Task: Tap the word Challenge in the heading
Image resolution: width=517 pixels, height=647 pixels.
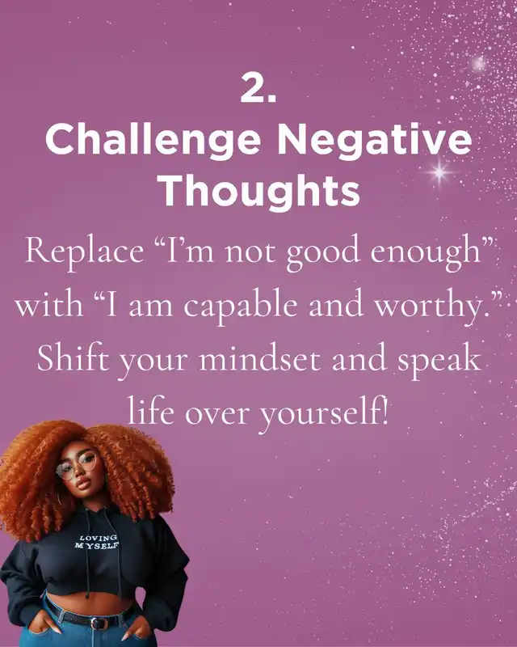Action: [x=153, y=139]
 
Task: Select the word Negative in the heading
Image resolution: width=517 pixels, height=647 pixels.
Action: [x=374, y=138]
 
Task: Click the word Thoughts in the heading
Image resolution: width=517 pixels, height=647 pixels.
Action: [x=260, y=189]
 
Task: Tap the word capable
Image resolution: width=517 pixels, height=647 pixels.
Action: [x=241, y=307]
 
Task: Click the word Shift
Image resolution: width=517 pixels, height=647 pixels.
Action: [x=73, y=357]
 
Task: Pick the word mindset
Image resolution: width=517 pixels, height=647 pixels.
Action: [x=260, y=357]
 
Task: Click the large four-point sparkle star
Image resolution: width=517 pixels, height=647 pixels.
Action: [x=439, y=171]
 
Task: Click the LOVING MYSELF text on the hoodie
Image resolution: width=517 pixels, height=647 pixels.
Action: [x=97, y=542]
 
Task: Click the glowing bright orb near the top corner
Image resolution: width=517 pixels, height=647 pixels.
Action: [x=479, y=63]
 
